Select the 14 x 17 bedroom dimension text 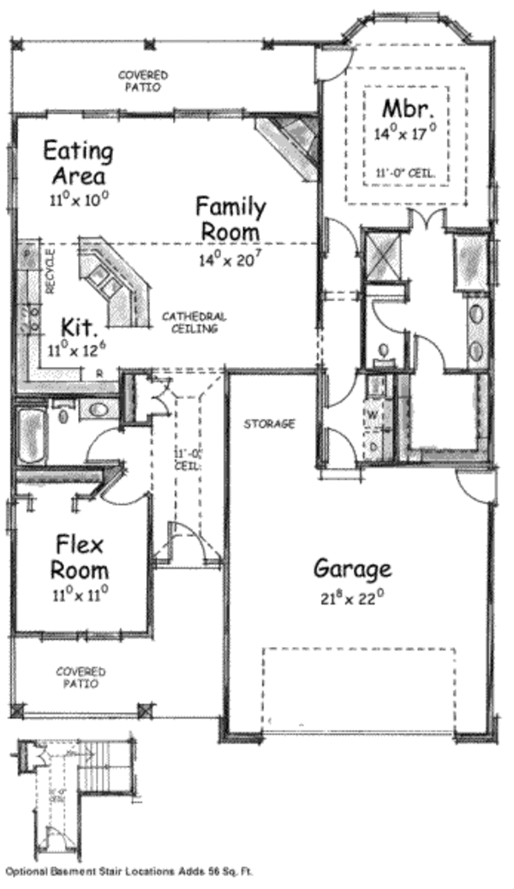[405, 133]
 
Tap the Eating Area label [77, 163]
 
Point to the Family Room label [230, 219]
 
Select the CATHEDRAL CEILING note [194, 321]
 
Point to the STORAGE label [269, 423]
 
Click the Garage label [352, 568]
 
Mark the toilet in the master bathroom [383, 351]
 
